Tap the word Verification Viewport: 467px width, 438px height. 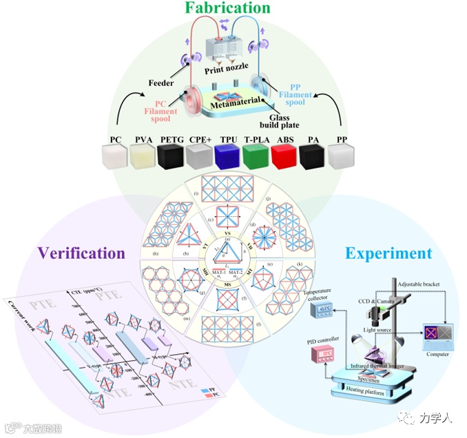coord(80,253)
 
